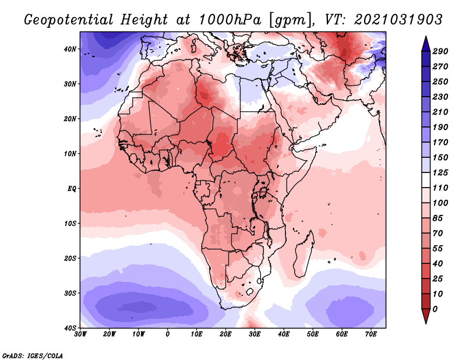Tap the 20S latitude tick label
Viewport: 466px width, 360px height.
71,258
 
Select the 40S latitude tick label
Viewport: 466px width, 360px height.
71,328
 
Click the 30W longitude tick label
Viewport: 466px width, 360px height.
80,334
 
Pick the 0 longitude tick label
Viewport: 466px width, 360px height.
168,334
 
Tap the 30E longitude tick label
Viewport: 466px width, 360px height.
255,334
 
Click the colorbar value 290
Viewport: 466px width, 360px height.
440,51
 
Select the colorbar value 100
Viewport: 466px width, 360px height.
440,203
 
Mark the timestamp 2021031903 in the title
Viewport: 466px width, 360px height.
397,19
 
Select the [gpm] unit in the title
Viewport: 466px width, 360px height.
290,19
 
